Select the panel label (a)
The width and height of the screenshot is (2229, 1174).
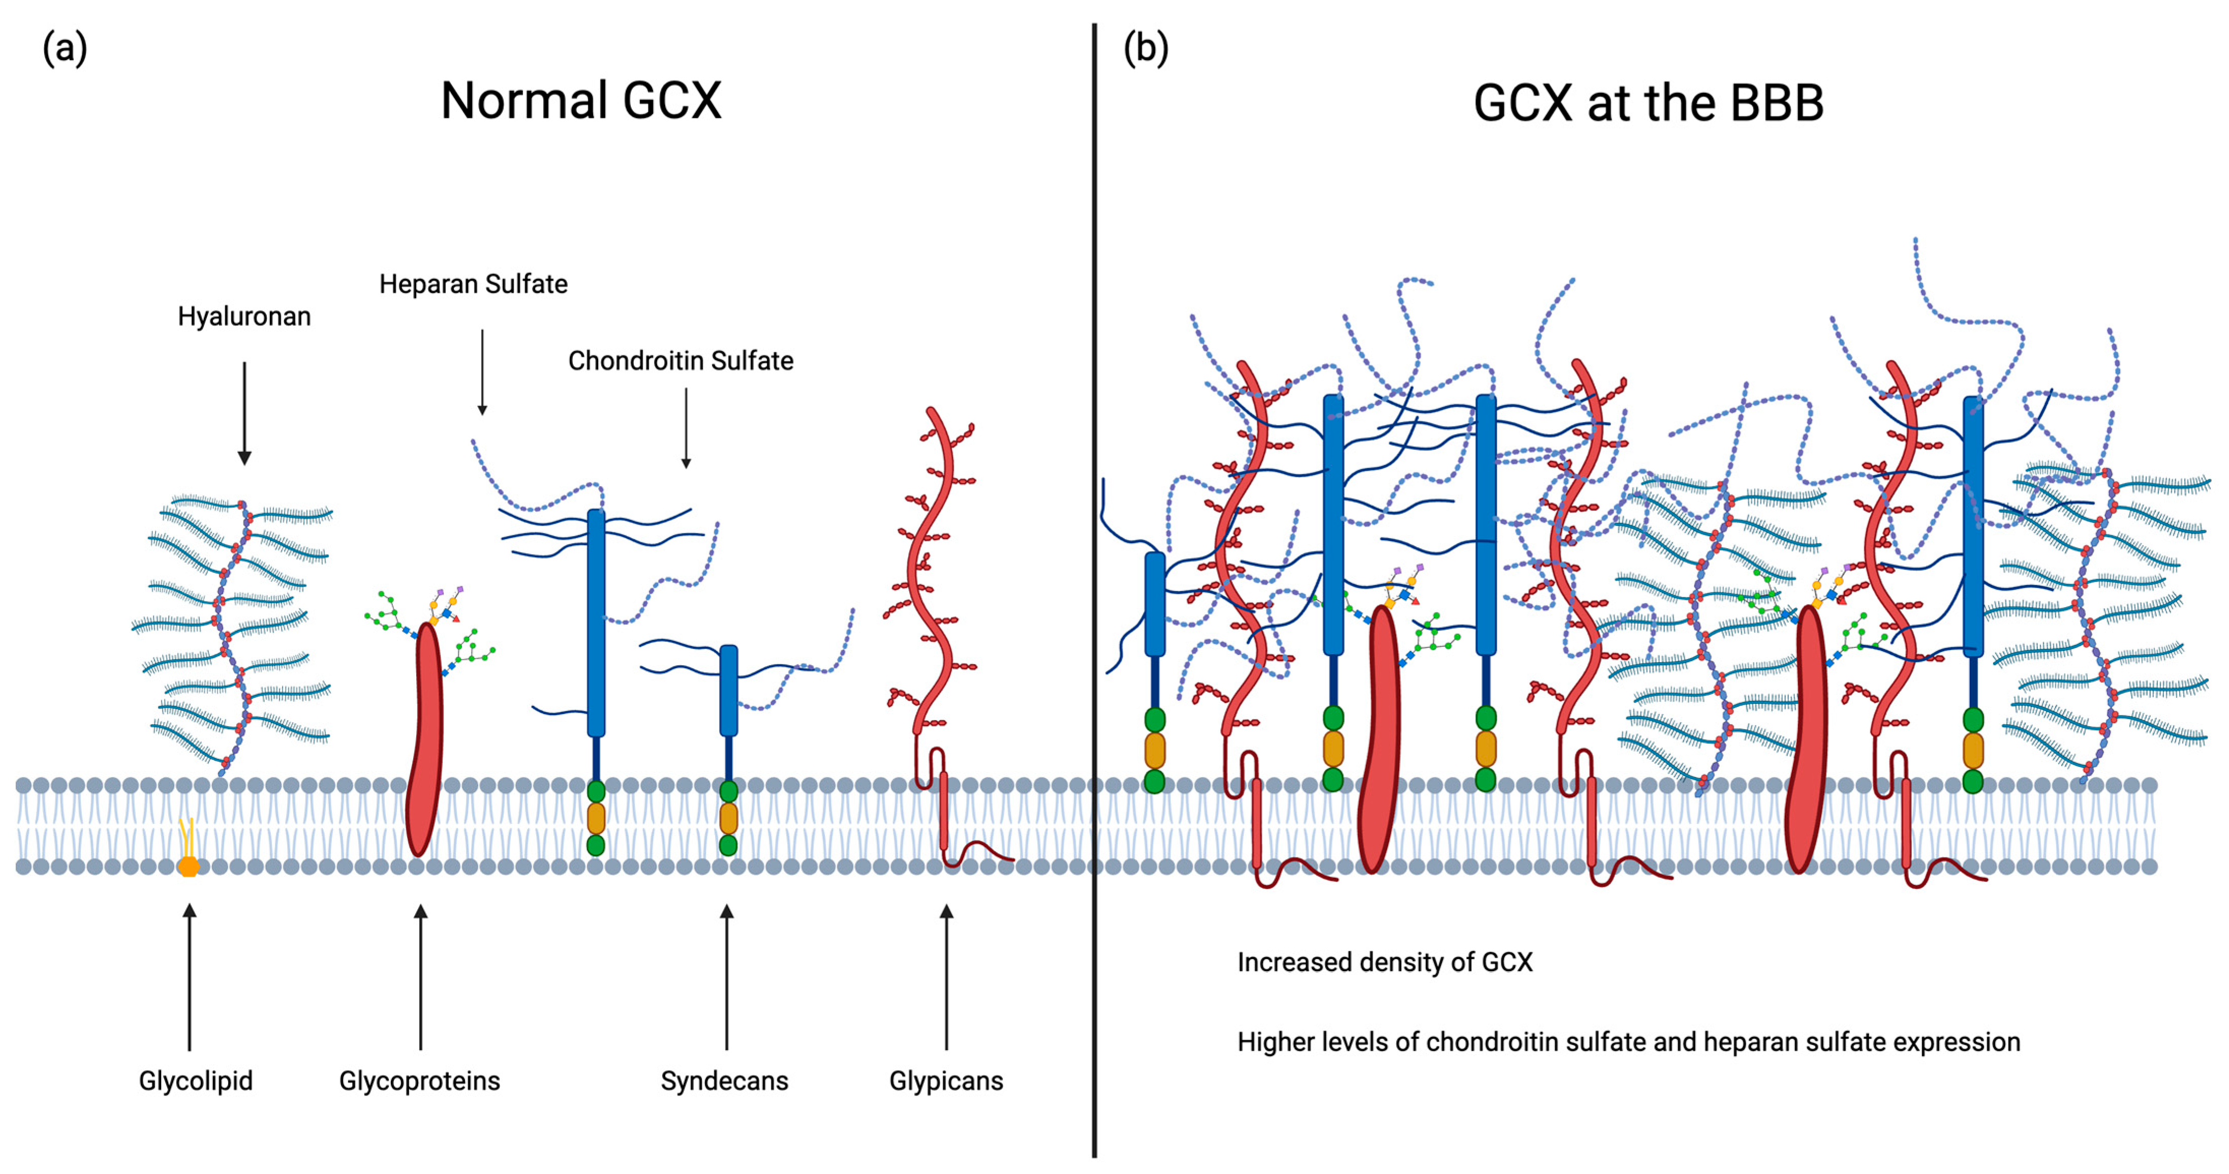(x=65, y=48)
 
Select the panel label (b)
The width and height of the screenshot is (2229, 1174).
(x=1145, y=48)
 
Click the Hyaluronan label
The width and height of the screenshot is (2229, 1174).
(x=244, y=317)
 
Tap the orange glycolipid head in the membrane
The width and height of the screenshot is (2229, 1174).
(x=188, y=865)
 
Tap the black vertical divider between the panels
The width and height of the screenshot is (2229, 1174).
(x=1095, y=589)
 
